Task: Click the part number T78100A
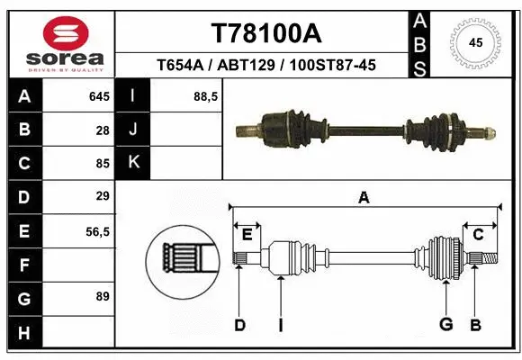(x=265, y=33)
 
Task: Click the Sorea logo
(x=66, y=43)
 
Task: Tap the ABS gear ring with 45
(x=477, y=41)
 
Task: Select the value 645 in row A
(x=99, y=96)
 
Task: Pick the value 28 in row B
(x=103, y=130)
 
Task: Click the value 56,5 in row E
(x=97, y=231)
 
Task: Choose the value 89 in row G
(x=102, y=296)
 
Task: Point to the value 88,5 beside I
(x=206, y=96)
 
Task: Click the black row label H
(x=23, y=333)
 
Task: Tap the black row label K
(x=133, y=163)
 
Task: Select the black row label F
(x=23, y=265)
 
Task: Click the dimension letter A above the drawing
(x=364, y=198)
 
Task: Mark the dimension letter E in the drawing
(x=247, y=234)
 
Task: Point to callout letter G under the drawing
(x=445, y=325)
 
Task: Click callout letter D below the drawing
(x=239, y=325)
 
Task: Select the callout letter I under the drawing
(x=281, y=325)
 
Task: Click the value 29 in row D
(x=103, y=196)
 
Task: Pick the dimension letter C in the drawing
(x=479, y=234)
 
